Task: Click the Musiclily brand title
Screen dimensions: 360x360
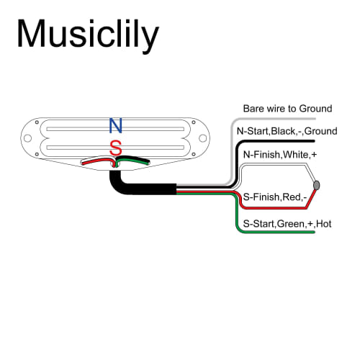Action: pyautogui.click(x=88, y=34)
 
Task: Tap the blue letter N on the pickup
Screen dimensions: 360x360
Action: pyautogui.click(x=115, y=125)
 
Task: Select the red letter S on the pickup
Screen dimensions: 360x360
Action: pyautogui.click(x=115, y=148)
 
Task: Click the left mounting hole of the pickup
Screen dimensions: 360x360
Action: pyautogui.click(x=28, y=138)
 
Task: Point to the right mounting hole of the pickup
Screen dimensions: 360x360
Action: pyautogui.click(x=202, y=138)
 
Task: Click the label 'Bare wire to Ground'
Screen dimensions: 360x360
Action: pyautogui.click(x=287, y=108)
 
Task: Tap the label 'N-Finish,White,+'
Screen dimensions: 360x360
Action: pyautogui.click(x=279, y=155)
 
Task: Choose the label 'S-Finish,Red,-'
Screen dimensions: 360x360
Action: pyautogui.click(x=275, y=196)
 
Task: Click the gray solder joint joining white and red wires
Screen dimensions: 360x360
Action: pyautogui.click(x=317, y=185)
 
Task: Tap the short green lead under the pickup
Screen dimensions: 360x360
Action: pyautogui.click(x=137, y=161)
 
